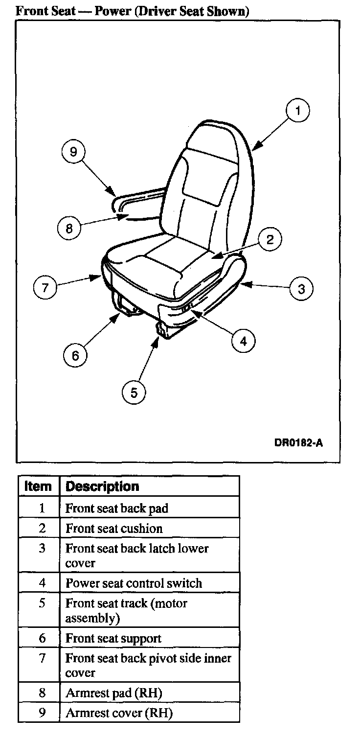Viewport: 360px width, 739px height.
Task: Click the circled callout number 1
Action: coord(298,112)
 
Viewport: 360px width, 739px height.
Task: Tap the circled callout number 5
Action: coord(134,391)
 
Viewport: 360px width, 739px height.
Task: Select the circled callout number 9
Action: coord(74,152)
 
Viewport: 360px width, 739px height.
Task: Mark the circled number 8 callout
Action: coord(69,229)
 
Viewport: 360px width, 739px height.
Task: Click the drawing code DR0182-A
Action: coord(298,443)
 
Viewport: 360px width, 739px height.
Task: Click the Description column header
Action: coord(102,486)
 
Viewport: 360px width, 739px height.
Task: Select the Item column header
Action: coord(38,486)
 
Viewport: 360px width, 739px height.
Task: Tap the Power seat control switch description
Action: coord(134,583)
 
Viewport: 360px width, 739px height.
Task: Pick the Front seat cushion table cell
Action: coord(114,529)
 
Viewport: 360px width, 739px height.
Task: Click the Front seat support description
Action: coord(113,639)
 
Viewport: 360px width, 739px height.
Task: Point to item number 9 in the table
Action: coord(42,713)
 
